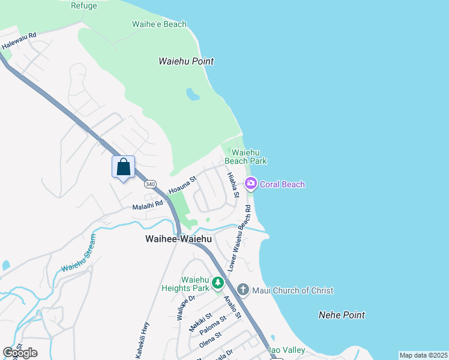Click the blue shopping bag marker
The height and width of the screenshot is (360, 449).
click(123, 167)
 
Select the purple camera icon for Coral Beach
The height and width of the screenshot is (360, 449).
click(251, 184)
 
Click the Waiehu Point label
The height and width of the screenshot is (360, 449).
click(186, 61)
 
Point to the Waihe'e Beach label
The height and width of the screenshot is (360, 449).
click(159, 25)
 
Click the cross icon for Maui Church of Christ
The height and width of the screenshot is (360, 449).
click(243, 290)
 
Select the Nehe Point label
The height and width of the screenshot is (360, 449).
click(342, 315)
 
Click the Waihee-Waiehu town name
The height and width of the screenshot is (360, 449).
click(178, 239)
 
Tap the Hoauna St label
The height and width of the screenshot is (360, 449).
click(182, 185)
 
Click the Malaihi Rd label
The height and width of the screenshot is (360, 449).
click(148, 205)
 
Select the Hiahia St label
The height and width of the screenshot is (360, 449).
click(233, 185)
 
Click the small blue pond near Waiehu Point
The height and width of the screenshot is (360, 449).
click(193, 95)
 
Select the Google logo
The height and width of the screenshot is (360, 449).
click(20, 352)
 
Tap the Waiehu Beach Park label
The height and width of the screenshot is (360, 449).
click(246, 157)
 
